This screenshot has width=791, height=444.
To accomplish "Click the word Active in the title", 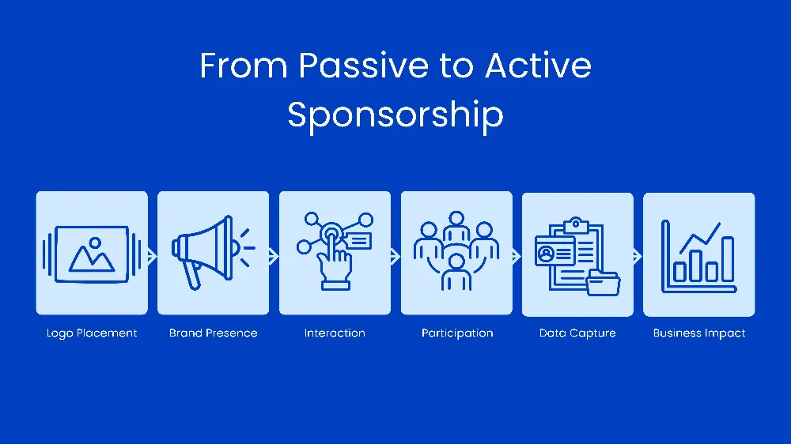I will tap(538, 66).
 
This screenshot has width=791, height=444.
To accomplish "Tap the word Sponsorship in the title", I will tap(395, 115).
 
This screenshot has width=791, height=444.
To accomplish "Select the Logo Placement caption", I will tap(92, 333).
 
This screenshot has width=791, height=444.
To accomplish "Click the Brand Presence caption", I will tap(213, 333).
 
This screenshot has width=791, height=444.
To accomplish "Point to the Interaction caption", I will tap(335, 333).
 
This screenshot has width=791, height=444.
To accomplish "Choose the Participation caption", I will tap(457, 333).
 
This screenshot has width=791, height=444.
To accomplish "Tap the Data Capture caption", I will tap(577, 333).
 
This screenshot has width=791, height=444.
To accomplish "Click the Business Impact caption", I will tap(699, 333).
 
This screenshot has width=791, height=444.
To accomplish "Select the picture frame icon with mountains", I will tap(92, 254).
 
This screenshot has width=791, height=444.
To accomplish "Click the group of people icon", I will tap(456, 250).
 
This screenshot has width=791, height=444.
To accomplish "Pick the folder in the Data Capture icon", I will tap(604, 282).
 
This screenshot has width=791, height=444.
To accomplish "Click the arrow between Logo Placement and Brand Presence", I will tap(153, 256).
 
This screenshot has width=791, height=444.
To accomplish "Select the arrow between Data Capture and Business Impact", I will tap(638, 256).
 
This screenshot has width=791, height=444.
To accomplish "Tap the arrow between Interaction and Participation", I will tap(395, 256).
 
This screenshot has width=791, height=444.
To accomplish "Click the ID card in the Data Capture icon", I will tap(554, 252).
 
